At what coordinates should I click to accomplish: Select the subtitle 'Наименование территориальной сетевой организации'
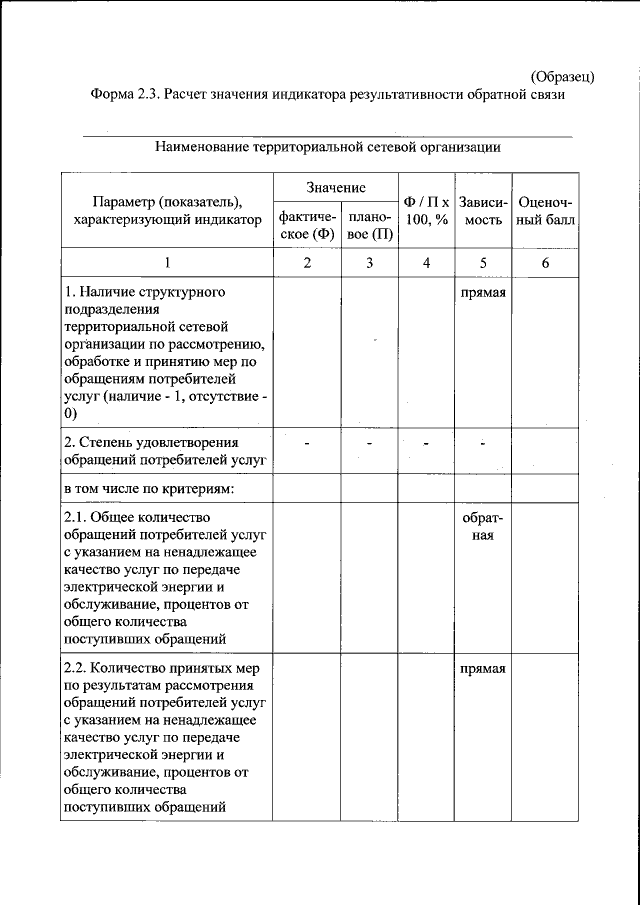(327, 147)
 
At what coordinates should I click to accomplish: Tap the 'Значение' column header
(336, 188)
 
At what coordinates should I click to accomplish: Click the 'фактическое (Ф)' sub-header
(307, 226)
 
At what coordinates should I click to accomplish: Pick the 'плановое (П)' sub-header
(369, 226)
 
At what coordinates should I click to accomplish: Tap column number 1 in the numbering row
(168, 263)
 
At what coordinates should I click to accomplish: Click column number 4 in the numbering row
(427, 263)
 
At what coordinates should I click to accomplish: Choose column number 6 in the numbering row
(545, 263)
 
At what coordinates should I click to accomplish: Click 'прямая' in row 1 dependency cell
(483, 293)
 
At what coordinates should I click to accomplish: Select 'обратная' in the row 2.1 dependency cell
(483, 526)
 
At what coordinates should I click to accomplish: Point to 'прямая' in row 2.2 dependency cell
(483, 669)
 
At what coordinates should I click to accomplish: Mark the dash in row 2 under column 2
(307, 442)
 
